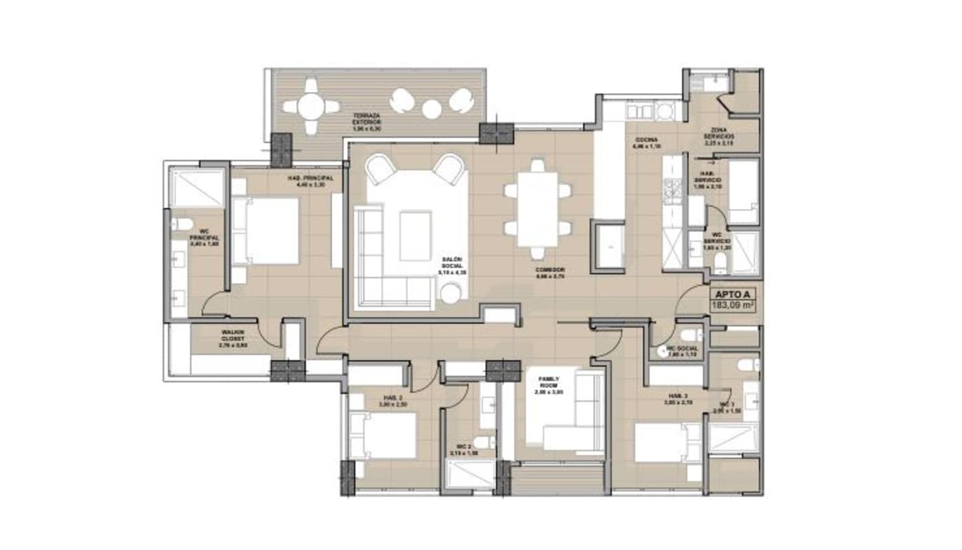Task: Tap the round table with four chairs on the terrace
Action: coord(311,107)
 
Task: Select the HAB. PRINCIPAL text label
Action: coord(310,181)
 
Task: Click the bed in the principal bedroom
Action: coord(266,230)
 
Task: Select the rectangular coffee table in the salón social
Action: coord(415,236)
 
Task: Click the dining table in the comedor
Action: coord(537,209)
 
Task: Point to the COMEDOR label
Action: coord(551,273)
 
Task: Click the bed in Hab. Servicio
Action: coord(742,192)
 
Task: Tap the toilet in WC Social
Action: coord(689,335)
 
